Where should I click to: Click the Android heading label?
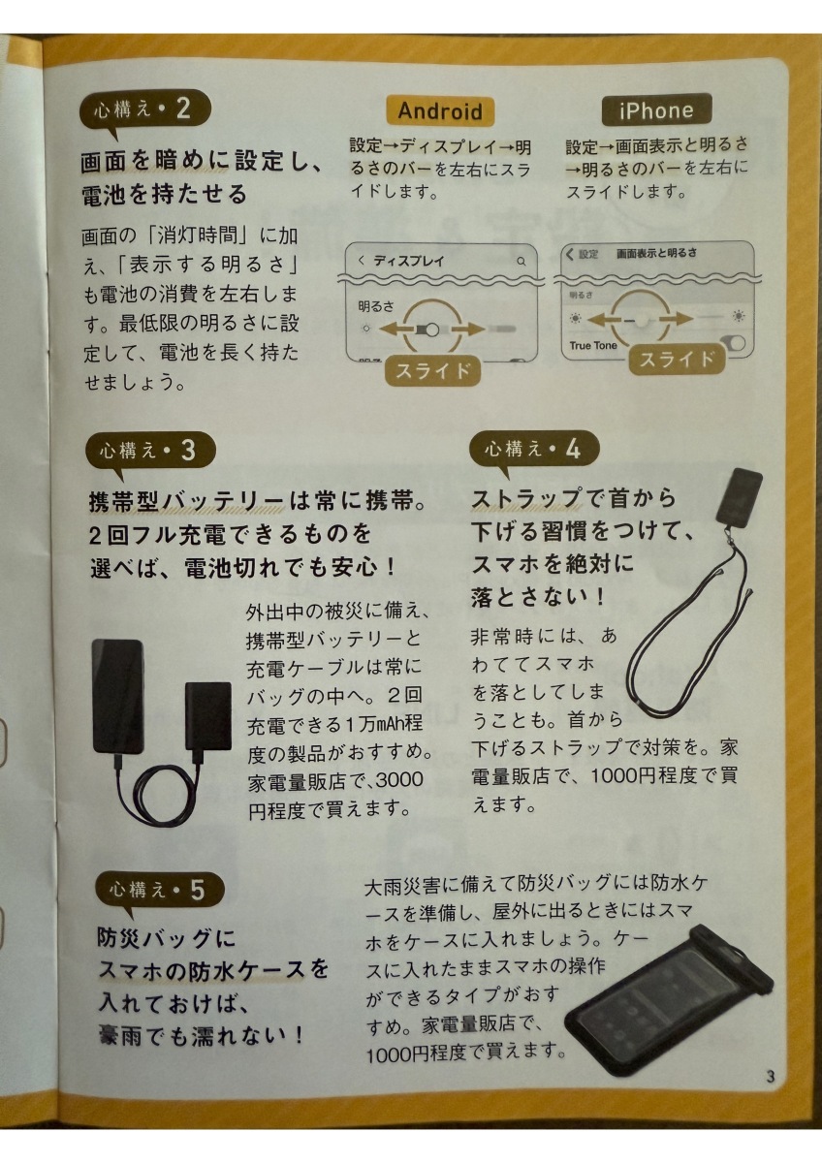click(x=440, y=111)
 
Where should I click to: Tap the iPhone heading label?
click(x=656, y=110)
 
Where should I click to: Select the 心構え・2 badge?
click(x=144, y=109)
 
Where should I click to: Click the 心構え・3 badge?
click(x=150, y=450)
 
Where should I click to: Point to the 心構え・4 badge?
click(x=534, y=448)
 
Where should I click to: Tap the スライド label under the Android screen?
click(x=432, y=370)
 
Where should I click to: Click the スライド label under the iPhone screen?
click(x=676, y=360)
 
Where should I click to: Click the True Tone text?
click(x=593, y=345)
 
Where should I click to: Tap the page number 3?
click(x=770, y=1077)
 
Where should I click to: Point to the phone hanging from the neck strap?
click(x=739, y=497)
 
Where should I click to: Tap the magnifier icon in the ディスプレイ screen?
click(x=522, y=261)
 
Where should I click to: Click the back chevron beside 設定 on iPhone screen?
click(x=570, y=254)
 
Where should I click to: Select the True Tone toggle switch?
click(x=733, y=344)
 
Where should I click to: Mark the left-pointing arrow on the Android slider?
click(x=398, y=329)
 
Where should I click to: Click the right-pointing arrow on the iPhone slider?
click(x=674, y=319)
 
